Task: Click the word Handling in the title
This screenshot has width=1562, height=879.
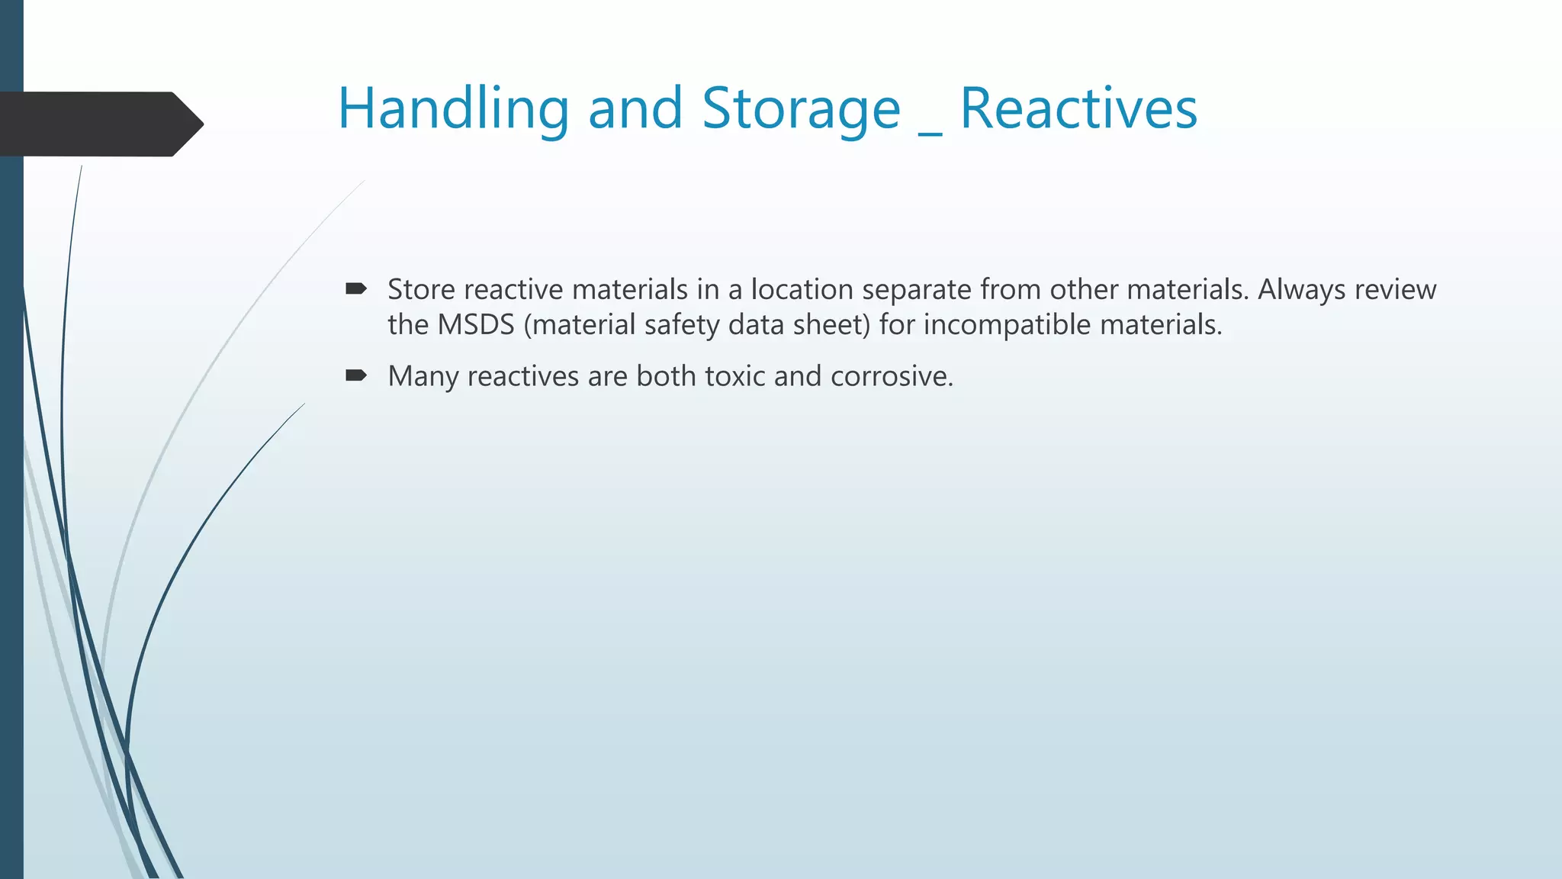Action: tap(453, 109)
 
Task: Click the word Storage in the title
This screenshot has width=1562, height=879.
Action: tap(801, 109)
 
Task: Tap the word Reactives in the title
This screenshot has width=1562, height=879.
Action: tap(1078, 109)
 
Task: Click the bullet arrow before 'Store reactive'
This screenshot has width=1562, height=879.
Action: tap(356, 288)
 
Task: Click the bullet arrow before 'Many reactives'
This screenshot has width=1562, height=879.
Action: tap(356, 375)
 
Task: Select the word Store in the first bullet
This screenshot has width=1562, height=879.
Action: tap(421, 290)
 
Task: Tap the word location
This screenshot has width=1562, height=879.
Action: tap(802, 290)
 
